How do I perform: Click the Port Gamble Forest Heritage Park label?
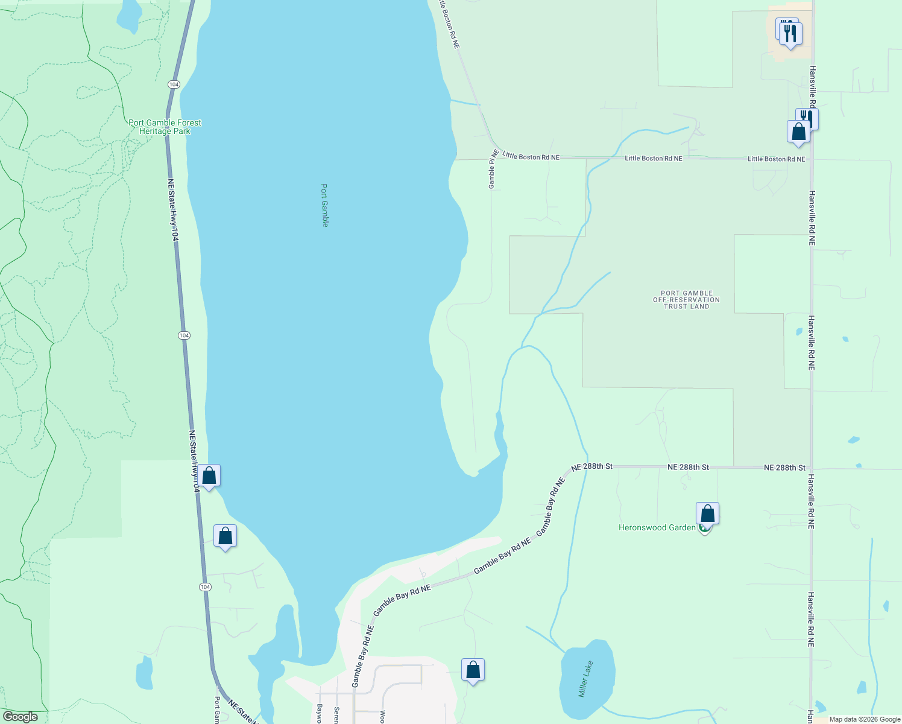click(165, 127)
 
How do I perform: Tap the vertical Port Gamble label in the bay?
click(324, 205)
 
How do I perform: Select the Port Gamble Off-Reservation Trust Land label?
click(686, 300)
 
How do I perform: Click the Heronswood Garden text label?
click(657, 528)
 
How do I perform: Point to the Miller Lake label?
click(585, 679)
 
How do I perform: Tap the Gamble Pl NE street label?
click(492, 169)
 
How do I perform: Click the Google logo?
click(20, 717)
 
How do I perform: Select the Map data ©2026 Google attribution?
click(865, 719)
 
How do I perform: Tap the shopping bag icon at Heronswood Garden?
click(707, 515)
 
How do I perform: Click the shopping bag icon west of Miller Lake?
click(473, 670)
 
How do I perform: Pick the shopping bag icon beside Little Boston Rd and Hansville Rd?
click(798, 132)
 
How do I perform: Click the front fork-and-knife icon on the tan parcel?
click(790, 34)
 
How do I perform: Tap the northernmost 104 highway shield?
click(174, 84)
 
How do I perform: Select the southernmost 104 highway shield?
click(205, 587)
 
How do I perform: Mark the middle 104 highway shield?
click(184, 335)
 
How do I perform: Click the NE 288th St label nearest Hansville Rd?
click(784, 468)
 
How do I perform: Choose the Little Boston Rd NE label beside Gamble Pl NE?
click(531, 157)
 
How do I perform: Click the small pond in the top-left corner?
click(128, 16)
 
